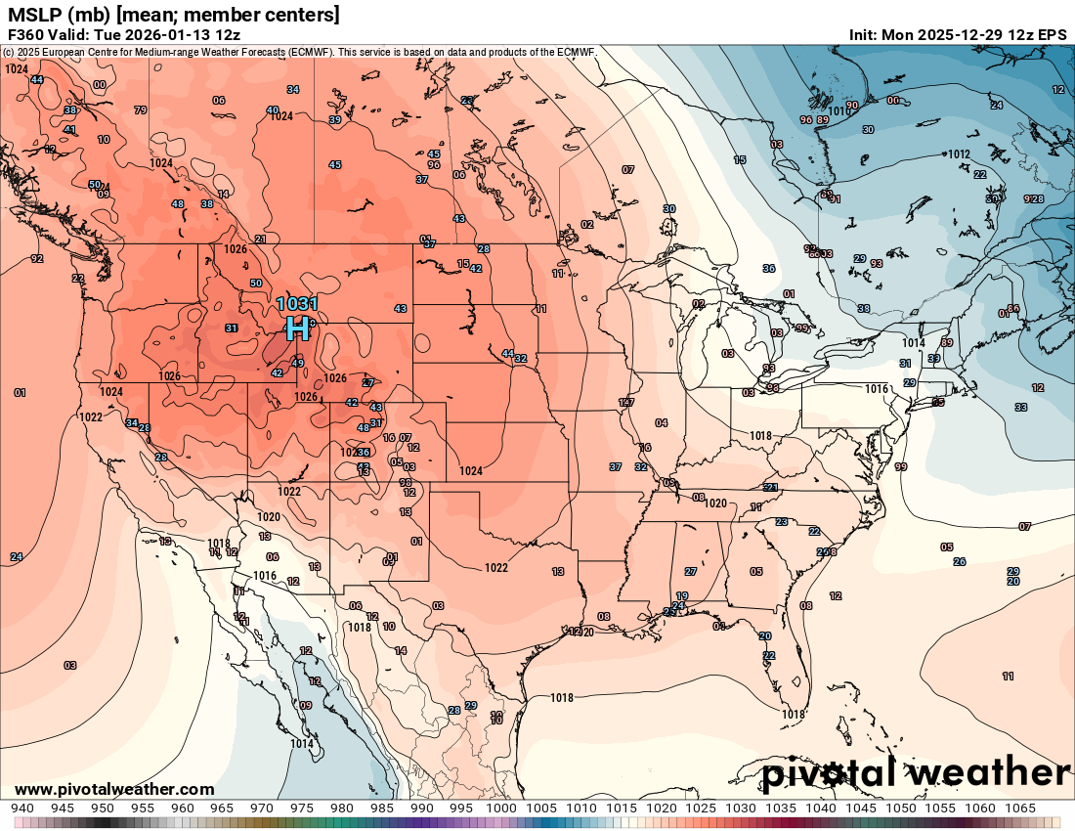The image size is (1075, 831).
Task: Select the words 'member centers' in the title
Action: point(274,15)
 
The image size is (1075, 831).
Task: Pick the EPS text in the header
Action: point(1052,34)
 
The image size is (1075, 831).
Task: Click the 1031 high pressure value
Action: point(297,304)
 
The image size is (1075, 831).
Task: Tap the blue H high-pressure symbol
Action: point(297,328)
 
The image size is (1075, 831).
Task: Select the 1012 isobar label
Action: point(958,154)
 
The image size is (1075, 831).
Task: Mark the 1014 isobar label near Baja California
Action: point(302,744)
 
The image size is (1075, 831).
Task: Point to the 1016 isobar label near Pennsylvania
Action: point(877,389)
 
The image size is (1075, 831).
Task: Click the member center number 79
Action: point(140,110)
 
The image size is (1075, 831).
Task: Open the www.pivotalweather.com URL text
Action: point(114,789)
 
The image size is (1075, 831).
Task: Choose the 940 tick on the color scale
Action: point(22,809)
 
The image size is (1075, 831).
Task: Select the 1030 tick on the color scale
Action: point(741,809)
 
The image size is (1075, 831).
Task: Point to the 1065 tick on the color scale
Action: point(1020,809)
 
